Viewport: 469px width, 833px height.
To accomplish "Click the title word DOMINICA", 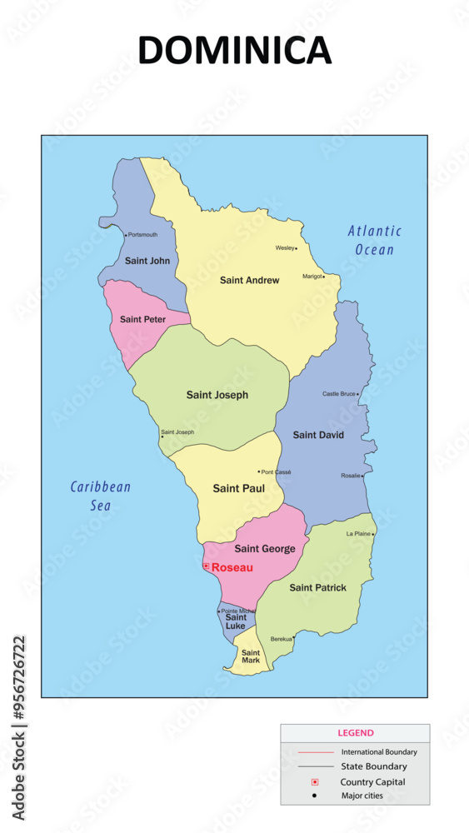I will pyautogui.click(x=234, y=51).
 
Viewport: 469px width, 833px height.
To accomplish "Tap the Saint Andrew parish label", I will pyautogui.click(x=249, y=281).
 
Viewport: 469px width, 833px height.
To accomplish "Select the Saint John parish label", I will pyautogui.click(x=147, y=261).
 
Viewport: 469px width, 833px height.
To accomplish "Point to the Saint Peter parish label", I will pyautogui.click(x=142, y=319).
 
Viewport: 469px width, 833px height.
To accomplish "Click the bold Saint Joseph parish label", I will pyautogui.click(x=217, y=395).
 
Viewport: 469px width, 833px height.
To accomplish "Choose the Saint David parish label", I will pyautogui.click(x=318, y=435).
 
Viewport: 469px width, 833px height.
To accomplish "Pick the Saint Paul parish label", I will pyautogui.click(x=238, y=488).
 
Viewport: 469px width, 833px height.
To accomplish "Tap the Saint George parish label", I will pyautogui.click(x=264, y=549).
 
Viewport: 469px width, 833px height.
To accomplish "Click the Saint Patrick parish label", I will pyautogui.click(x=317, y=588).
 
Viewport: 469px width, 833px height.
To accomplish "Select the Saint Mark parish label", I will pyautogui.click(x=251, y=656).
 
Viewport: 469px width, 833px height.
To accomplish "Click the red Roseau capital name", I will pyautogui.click(x=231, y=567).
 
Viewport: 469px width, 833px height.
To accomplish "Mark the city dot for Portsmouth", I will pyautogui.click(x=126, y=235).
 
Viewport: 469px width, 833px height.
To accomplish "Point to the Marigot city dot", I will pyautogui.click(x=324, y=277).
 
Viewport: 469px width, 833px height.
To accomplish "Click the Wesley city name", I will pyautogui.click(x=285, y=247).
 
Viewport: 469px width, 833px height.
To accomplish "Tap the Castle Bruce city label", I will pyautogui.click(x=339, y=393).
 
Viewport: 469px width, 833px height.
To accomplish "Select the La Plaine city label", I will pyautogui.click(x=358, y=533).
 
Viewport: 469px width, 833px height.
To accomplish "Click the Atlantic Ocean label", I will pyautogui.click(x=374, y=240).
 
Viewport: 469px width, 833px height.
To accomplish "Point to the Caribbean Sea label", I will pyautogui.click(x=101, y=496).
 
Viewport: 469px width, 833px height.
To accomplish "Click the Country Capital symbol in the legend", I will pyautogui.click(x=315, y=782).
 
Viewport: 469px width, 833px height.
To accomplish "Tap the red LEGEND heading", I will pyautogui.click(x=355, y=733).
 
